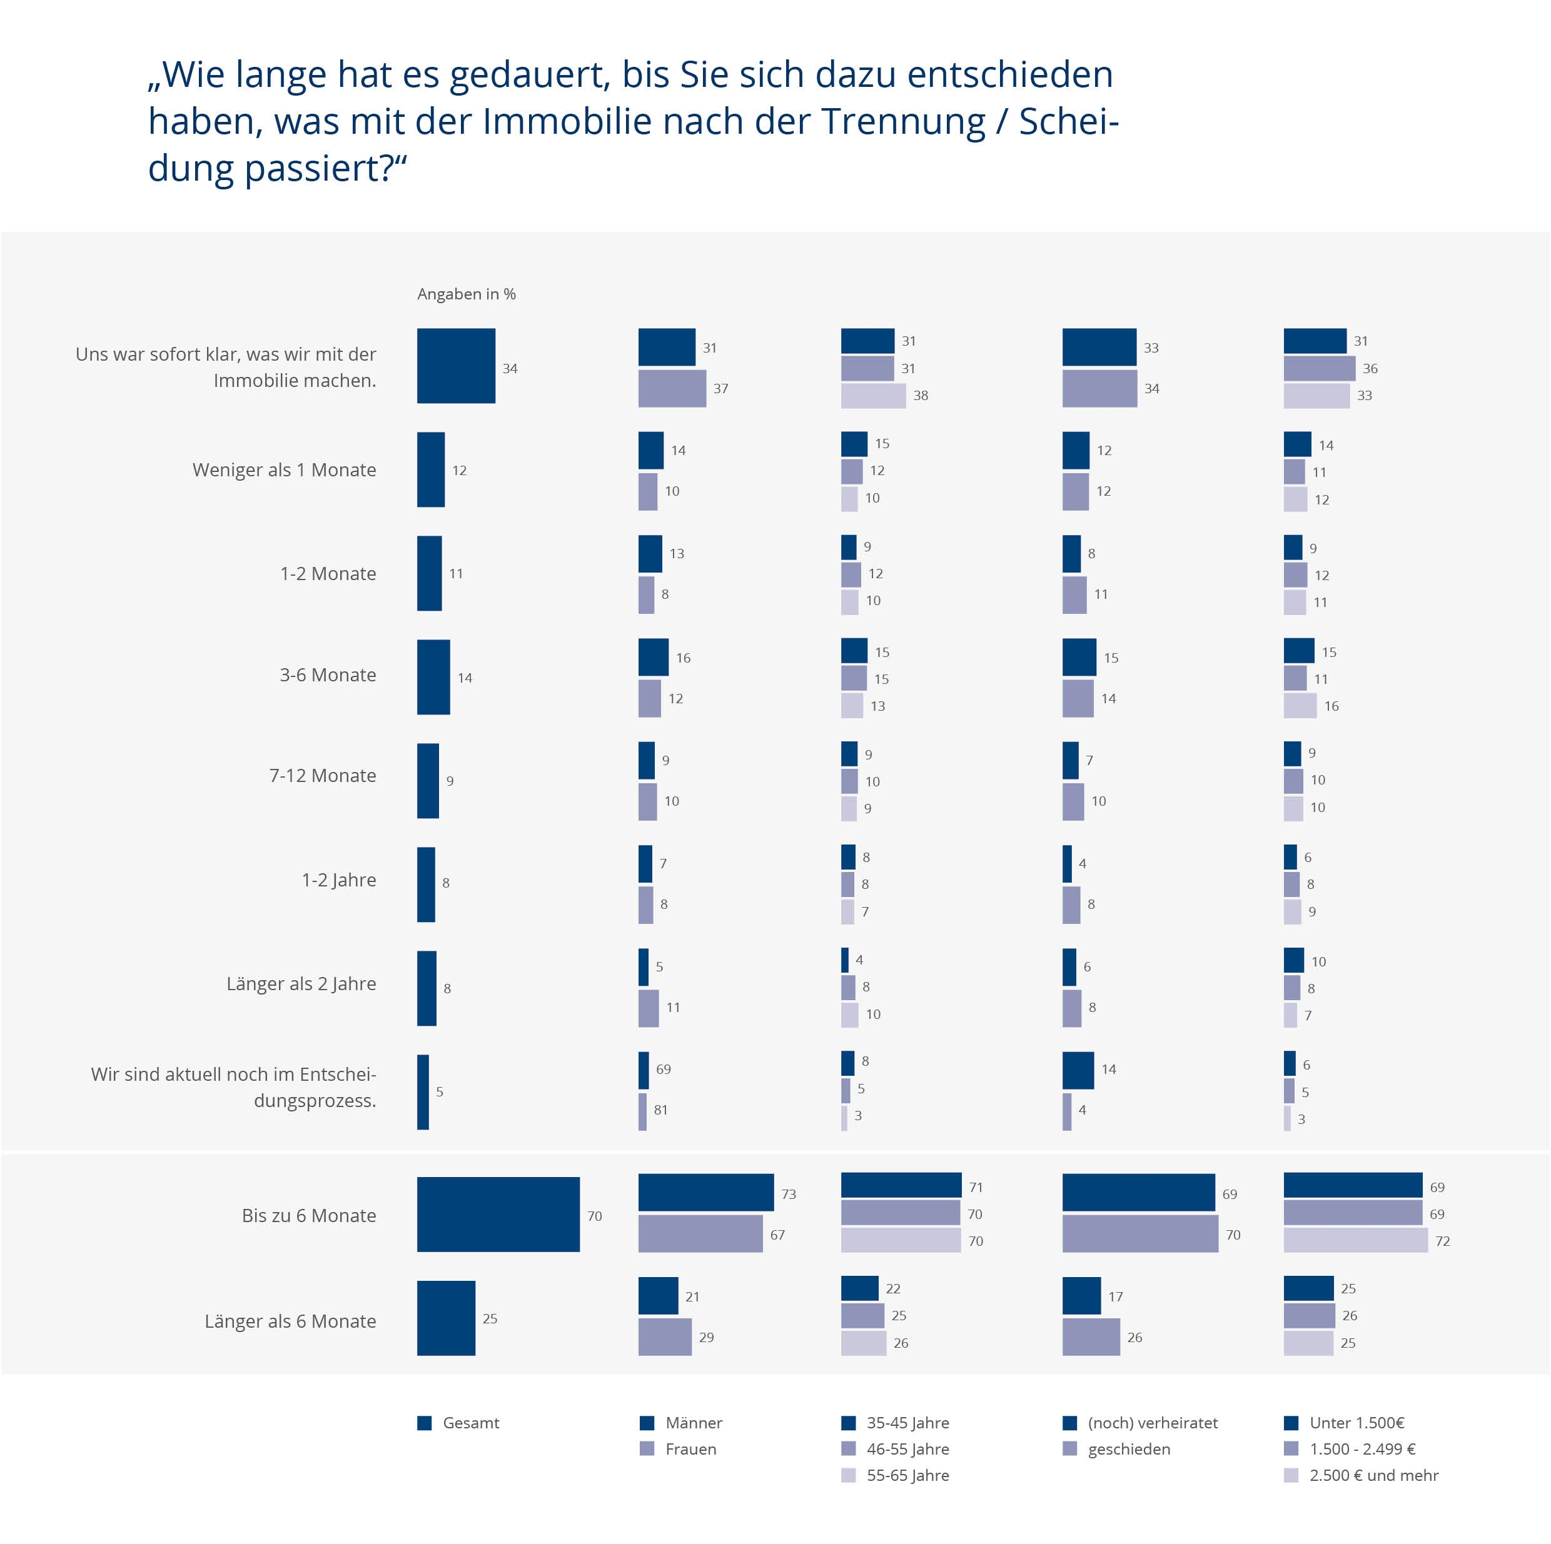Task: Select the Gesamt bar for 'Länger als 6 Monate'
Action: (445, 1318)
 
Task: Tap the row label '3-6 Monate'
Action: (328, 675)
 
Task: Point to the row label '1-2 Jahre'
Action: (339, 880)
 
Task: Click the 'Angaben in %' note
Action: (466, 294)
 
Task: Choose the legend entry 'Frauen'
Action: (690, 1450)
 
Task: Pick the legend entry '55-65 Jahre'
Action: (907, 1476)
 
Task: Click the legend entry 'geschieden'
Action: (1129, 1450)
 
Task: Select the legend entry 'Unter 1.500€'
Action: (1356, 1423)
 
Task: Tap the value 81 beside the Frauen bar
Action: (660, 1110)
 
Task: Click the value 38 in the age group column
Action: (920, 396)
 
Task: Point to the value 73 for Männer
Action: (789, 1194)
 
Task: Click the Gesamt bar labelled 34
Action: (456, 366)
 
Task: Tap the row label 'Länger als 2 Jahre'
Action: (301, 984)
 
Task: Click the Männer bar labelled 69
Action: (644, 1071)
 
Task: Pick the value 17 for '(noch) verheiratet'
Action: (1115, 1297)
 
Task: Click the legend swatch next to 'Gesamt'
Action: (425, 1423)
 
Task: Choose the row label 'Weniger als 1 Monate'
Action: (284, 470)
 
